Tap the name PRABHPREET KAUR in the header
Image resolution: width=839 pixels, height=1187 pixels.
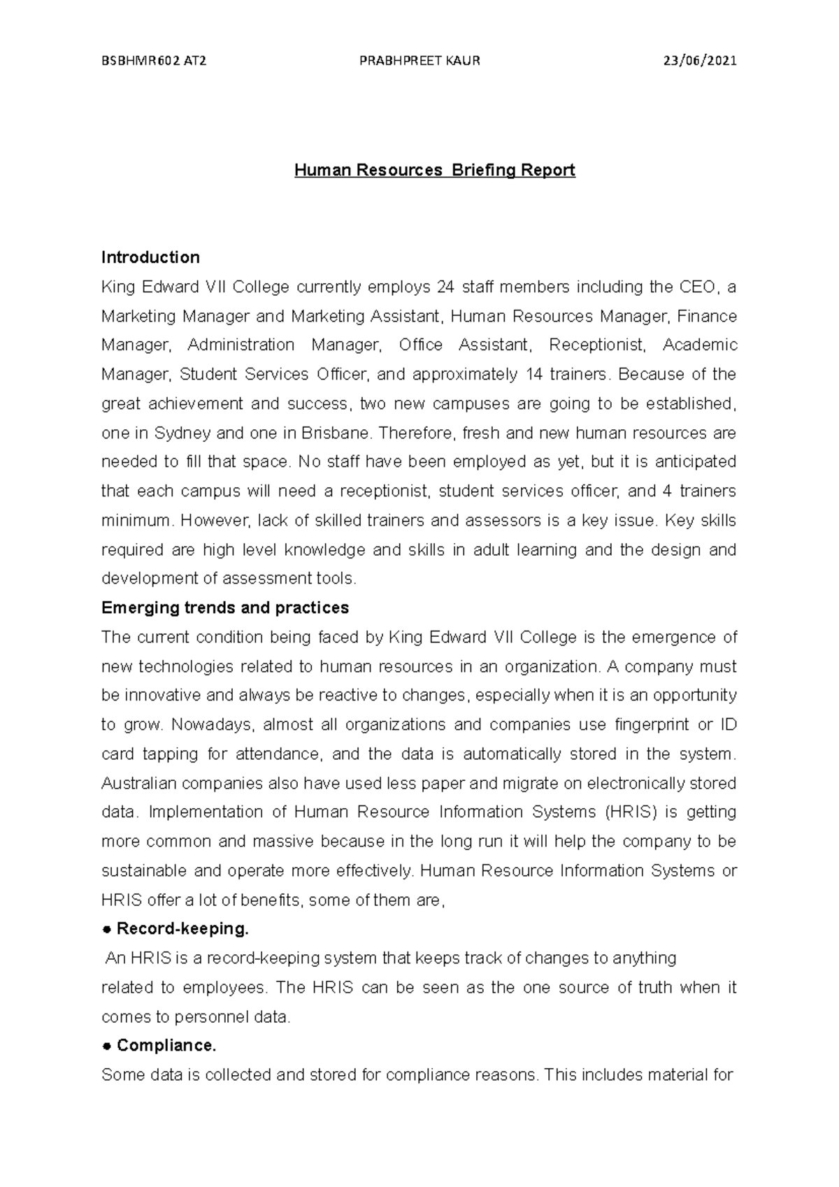(419, 61)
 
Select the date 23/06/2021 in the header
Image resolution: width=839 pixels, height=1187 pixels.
(700, 61)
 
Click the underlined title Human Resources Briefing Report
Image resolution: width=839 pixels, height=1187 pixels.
(434, 170)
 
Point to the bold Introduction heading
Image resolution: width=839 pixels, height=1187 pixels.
(150, 257)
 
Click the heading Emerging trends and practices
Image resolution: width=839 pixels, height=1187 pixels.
(224, 607)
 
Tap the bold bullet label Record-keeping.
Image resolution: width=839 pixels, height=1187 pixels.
(182, 929)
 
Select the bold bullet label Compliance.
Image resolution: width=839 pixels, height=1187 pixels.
(166, 1046)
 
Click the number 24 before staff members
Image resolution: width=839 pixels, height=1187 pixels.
(445, 287)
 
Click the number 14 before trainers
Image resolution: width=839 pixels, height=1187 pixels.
(531, 374)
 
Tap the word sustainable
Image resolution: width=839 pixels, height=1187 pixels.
(144, 870)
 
